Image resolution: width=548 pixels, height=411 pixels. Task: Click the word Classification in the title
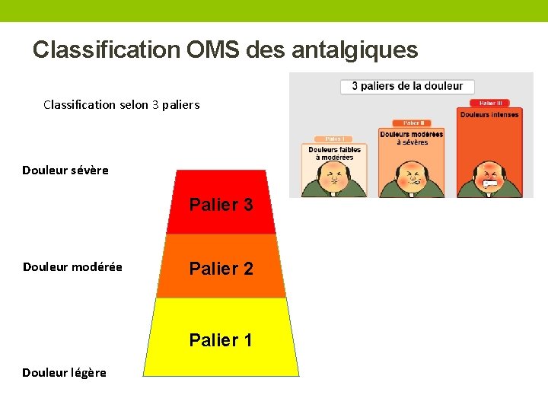pos(105,50)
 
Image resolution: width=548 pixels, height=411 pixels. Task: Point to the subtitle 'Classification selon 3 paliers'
pos(122,104)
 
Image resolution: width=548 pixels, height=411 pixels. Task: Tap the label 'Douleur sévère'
pos(65,170)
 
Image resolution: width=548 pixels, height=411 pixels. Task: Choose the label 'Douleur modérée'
pos(72,267)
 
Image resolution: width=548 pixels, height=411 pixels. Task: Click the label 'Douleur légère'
pos(64,372)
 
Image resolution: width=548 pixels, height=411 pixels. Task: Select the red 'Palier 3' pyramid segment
pos(221,204)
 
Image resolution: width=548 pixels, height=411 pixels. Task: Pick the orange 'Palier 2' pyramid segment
pos(221,268)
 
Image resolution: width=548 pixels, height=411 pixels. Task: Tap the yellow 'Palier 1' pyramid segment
pos(221,339)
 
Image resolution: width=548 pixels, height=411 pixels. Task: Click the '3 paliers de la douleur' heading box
pos(407,86)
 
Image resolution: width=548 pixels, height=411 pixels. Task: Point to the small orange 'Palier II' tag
pos(411,122)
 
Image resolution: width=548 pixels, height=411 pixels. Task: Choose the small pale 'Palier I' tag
pos(334,139)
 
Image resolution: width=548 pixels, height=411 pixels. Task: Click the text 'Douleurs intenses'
pos(489,115)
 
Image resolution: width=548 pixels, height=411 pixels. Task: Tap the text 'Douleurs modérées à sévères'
pos(411,138)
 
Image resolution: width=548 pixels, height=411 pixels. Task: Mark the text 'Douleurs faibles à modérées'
pos(334,153)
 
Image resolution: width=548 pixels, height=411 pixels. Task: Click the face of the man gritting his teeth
pos(489,180)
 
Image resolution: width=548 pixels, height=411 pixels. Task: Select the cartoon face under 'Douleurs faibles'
pos(333,180)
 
